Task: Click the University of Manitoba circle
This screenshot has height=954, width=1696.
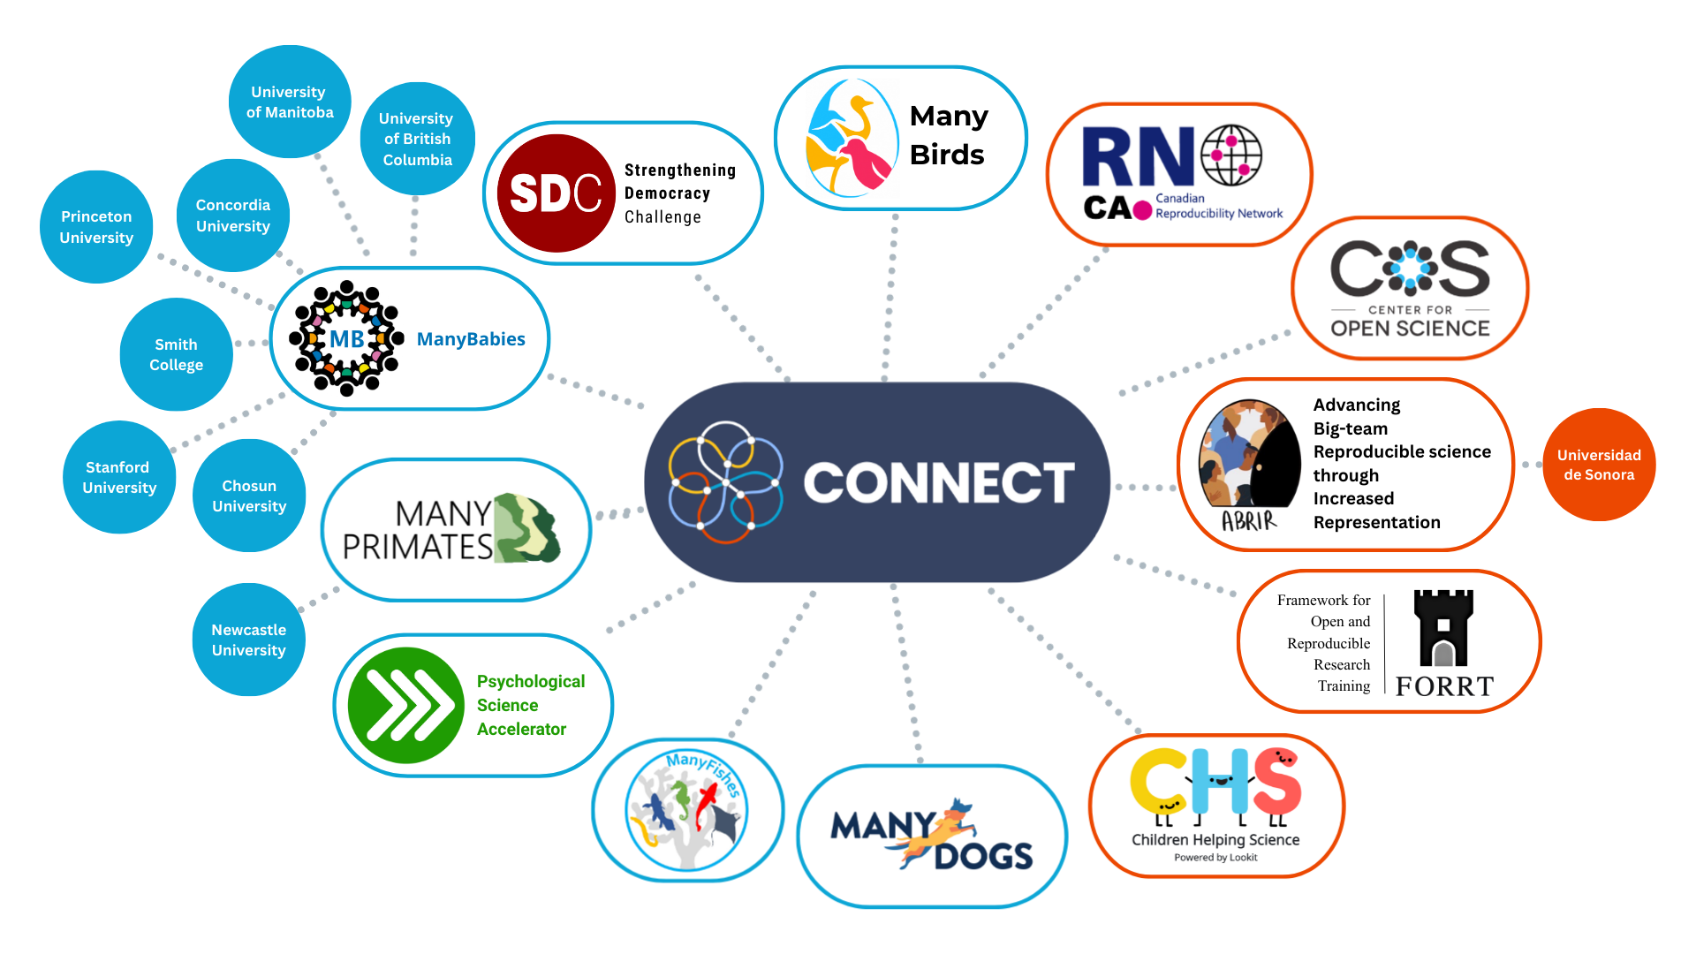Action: pyautogui.click(x=290, y=102)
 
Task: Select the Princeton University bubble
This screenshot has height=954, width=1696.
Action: pyautogui.click(x=96, y=227)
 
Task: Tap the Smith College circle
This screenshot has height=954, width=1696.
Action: pyautogui.click(x=176, y=354)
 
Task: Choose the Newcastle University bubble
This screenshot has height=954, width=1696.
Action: pyautogui.click(x=249, y=640)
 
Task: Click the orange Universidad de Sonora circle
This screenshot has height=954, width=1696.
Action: pyautogui.click(x=1599, y=465)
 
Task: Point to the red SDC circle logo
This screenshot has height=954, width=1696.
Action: pyautogui.click(x=556, y=193)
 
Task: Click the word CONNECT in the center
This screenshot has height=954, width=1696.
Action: pyautogui.click(x=938, y=482)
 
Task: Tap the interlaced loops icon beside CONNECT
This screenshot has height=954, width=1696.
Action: pyautogui.click(x=725, y=482)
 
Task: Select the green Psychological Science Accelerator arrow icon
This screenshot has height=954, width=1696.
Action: pyautogui.click(x=405, y=705)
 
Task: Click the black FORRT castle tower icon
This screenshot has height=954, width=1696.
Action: pyautogui.click(x=1443, y=629)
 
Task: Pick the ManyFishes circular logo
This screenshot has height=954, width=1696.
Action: pyautogui.click(x=687, y=810)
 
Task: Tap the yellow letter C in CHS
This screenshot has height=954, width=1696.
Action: pyautogui.click(x=1158, y=782)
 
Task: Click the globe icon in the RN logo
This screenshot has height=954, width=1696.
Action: pyautogui.click(x=1231, y=155)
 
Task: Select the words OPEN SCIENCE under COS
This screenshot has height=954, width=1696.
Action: pyautogui.click(x=1410, y=329)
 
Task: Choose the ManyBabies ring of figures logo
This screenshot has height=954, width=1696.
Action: pyautogui.click(x=347, y=338)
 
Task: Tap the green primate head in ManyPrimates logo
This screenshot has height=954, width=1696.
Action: pyautogui.click(x=526, y=529)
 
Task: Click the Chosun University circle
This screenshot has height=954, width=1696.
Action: pyautogui.click(x=249, y=496)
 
